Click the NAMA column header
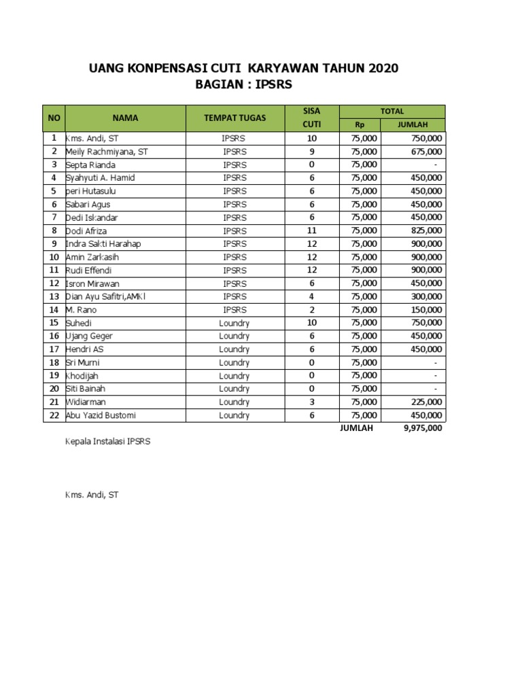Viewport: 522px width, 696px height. tap(125, 118)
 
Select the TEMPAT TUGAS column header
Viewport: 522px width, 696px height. tap(234, 118)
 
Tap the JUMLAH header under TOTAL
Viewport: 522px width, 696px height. tap(411, 124)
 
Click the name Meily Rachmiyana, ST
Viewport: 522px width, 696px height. tap(106, 152)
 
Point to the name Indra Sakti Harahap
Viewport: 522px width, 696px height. tap(103, 244)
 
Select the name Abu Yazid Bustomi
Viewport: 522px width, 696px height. tap(101, 415)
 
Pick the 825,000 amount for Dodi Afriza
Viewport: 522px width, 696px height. tap(426, 231)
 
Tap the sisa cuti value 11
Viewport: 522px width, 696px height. tap(311, 231)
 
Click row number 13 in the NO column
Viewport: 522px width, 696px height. tap(53, 297)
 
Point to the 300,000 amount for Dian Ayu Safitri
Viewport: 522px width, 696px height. tap(426, 297)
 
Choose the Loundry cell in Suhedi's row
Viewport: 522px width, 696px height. tap(234, 323)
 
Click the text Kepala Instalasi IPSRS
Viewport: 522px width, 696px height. tap(107, 441)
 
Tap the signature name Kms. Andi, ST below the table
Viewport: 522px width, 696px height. tap(91, 495)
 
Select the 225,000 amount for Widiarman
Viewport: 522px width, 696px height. tap(426, 402)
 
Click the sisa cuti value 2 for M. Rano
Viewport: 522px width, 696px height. tap(311, 310)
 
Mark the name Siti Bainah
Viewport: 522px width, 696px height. tap(86, 389)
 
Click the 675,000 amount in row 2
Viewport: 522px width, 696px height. tap(426, 152)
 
